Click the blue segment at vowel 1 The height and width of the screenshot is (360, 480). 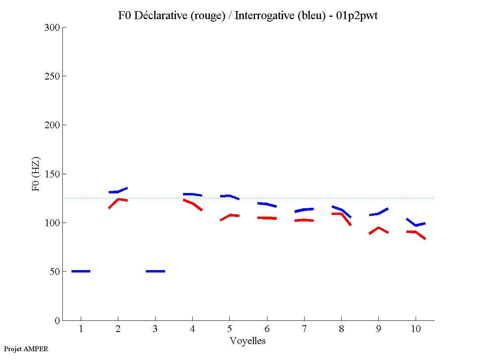click(81, 271)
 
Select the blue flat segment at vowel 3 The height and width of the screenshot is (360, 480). click(155, 271)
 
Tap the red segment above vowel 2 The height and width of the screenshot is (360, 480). click(118, 199)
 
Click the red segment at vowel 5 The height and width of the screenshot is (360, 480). click(230, 215)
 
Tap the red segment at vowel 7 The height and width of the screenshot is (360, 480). click(304, 220)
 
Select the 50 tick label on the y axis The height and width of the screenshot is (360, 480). click(55, 272)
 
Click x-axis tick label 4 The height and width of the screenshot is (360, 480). click(192, 329)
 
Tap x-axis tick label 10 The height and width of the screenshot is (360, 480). click(416, 329)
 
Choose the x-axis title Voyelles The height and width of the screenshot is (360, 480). click(248, 341)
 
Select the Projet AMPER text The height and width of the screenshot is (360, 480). click(26, 349)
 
